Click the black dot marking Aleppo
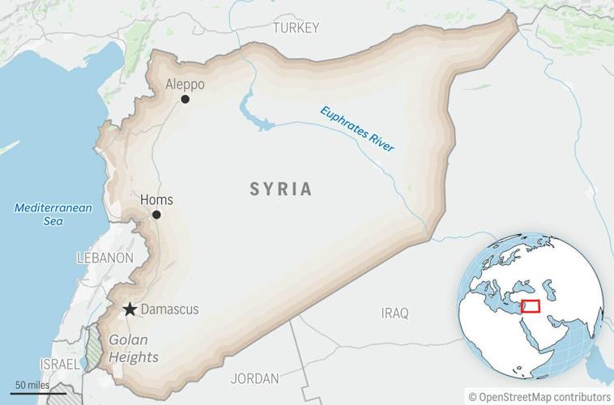(x=185, y=99)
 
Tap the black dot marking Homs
(x=156, y=215)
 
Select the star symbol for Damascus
(x=130, y=309)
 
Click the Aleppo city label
(x=185, y=83)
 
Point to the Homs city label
(x=156, y=200)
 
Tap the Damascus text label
(x=169, y=309)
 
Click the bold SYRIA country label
(x=280, y=190)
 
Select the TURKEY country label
(x=296, y=28)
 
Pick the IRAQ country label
(x=395, y=313)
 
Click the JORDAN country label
(x=254, y=378)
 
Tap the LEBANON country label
(x=104, y=258)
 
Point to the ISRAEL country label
(x=59, y=364)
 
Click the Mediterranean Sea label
(x=53, y=214)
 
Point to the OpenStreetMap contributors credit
(x=539, y=396)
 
